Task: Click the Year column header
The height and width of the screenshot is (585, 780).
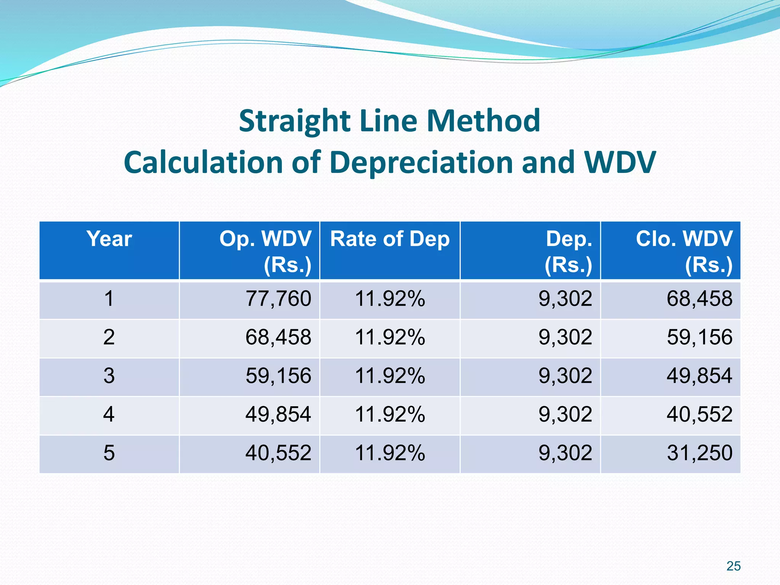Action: [109, 239]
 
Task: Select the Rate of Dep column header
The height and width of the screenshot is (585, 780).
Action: [390, 239]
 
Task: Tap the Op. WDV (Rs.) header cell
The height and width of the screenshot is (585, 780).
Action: [265, 251]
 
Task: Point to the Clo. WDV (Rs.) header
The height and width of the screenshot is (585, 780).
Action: [684, 251]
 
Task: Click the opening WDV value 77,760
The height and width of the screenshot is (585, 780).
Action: [278, 299]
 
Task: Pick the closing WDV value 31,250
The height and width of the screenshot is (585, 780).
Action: [699, 453]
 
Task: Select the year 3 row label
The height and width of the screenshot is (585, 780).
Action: [109, 376]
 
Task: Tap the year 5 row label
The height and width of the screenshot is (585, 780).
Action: [109, 453]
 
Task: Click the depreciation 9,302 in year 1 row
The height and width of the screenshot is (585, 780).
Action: [565, 299]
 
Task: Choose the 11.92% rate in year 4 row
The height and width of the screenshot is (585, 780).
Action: [390, 414]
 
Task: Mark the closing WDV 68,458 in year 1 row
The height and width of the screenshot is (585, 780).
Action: [699, 299]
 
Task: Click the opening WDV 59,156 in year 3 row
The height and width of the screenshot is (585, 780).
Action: [278, 376]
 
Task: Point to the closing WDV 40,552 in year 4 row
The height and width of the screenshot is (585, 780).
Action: [699, 414]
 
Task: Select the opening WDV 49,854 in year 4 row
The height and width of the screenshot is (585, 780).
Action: [278, 414]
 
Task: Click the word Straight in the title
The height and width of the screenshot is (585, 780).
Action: [294, 121]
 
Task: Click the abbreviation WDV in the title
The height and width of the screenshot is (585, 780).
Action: [620, 163]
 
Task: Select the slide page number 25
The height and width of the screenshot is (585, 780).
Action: [733, 566]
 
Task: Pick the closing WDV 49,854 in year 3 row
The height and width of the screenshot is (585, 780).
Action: [699, 376]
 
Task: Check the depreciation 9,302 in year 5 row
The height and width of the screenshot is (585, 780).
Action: [565, 453]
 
